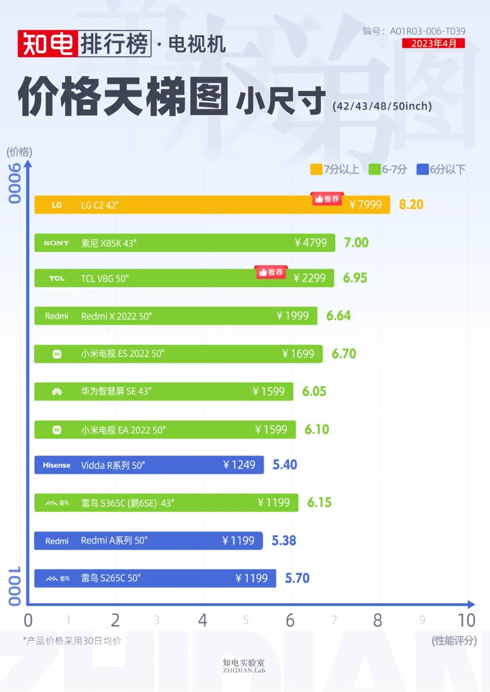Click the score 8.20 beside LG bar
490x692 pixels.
(411, 205)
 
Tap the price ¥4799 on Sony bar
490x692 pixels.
(311, 243)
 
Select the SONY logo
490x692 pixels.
(57, 243)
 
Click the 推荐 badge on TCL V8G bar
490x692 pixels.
(271, 272)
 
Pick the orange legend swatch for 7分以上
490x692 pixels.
(316, 169)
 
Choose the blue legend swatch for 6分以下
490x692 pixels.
(422, 169)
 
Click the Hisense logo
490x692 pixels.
(57, 465)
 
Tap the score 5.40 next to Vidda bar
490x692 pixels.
(284, 465)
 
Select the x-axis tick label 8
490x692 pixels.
(377, 621)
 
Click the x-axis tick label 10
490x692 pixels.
(466, 621)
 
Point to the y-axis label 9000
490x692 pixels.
(15, 183)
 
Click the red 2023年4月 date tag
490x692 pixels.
(433, 44)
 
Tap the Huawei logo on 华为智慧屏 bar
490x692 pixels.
(57, 392)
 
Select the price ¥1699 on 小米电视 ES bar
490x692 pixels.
(298, 354)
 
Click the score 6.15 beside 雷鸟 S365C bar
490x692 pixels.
(319, 503)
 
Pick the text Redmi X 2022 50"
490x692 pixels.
(116, 316)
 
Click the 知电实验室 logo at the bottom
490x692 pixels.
(244, 666)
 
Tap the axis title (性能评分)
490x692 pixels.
(454, 641)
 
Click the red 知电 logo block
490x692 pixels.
(48, 44)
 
